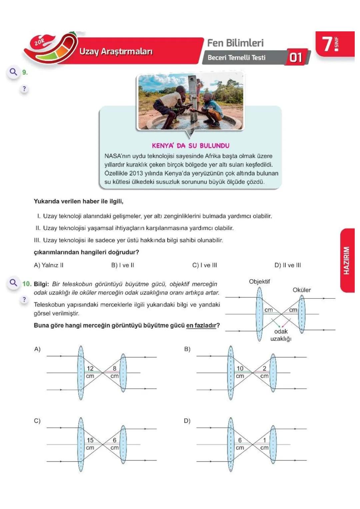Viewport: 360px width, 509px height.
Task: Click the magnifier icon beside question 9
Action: click(13, 72)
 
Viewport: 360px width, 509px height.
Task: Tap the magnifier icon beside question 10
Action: click(13, 283)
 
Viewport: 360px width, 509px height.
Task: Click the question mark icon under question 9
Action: click(24, 89)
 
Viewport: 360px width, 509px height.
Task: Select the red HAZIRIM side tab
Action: click(347, 260)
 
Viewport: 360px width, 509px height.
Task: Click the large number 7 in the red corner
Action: click(327, 44)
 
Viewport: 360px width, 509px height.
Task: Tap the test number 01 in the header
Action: click(296, 57)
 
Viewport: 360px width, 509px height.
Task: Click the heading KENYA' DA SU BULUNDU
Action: click(190, 146)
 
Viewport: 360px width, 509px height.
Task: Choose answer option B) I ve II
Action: click(123, 265)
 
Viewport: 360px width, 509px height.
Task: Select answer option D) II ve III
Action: click(287, 265)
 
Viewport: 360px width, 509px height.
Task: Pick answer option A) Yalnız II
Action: click(49, 265)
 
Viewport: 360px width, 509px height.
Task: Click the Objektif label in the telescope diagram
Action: click(259, 282)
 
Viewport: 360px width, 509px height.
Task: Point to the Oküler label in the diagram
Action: click(301, 290)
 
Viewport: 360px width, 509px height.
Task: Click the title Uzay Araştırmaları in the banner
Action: click(116, 52)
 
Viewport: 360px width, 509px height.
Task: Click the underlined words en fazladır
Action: click(201, 325)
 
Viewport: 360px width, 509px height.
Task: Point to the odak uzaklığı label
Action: click(281, 335)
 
